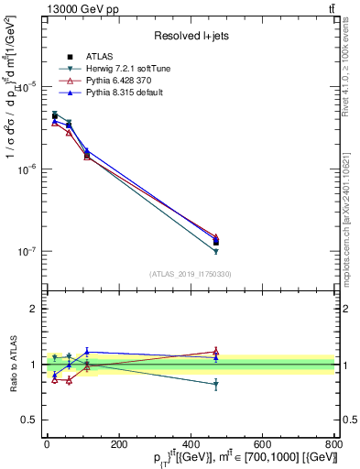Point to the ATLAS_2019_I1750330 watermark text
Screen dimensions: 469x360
pos(191,274)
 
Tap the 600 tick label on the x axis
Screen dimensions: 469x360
pos(262,444)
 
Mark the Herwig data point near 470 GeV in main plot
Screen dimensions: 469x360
pos(215,251)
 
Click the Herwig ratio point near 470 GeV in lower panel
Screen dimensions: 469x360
pos(215,385)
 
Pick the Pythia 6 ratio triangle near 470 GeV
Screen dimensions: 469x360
pos(215,351)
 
